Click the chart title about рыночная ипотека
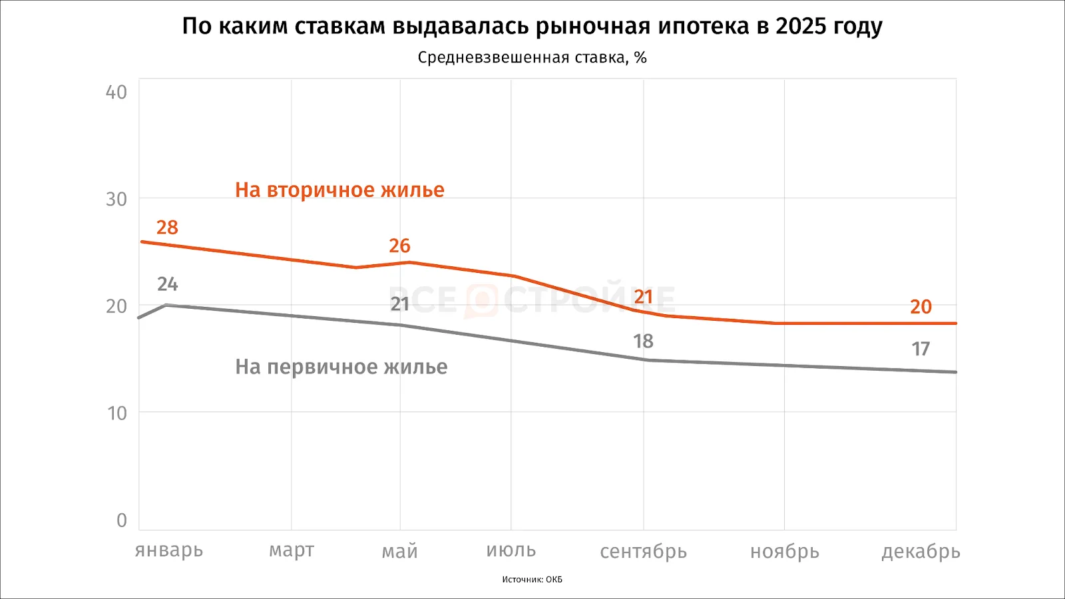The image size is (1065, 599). tap(532, 27)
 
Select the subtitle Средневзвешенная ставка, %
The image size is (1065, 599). tap(532, 58)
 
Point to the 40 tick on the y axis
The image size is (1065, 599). tap(116, 93)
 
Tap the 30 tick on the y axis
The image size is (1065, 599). tap(116, 199)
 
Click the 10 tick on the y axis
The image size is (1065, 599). tap(117, 413)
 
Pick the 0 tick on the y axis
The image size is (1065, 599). tap(122, 520)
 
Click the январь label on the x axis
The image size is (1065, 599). tap(169, 551)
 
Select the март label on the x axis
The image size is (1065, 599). tap(292, 551)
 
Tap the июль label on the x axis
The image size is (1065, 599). tap(511, 551)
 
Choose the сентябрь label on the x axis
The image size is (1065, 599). tap(643, 552)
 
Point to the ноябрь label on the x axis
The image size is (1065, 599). tap(784, 552)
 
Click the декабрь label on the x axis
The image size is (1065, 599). tap(921, 552)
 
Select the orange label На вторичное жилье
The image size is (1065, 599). tap(339, 190)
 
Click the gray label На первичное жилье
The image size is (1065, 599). tap(341, 367)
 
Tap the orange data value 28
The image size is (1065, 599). tap(167, 228)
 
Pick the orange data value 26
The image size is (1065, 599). tap(399, 246)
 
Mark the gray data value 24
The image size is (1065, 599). tap(167, 285)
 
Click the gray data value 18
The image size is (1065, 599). tap(643, 341)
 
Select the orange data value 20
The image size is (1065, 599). tap(921, 307)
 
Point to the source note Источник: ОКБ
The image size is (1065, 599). tap(532, 580)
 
